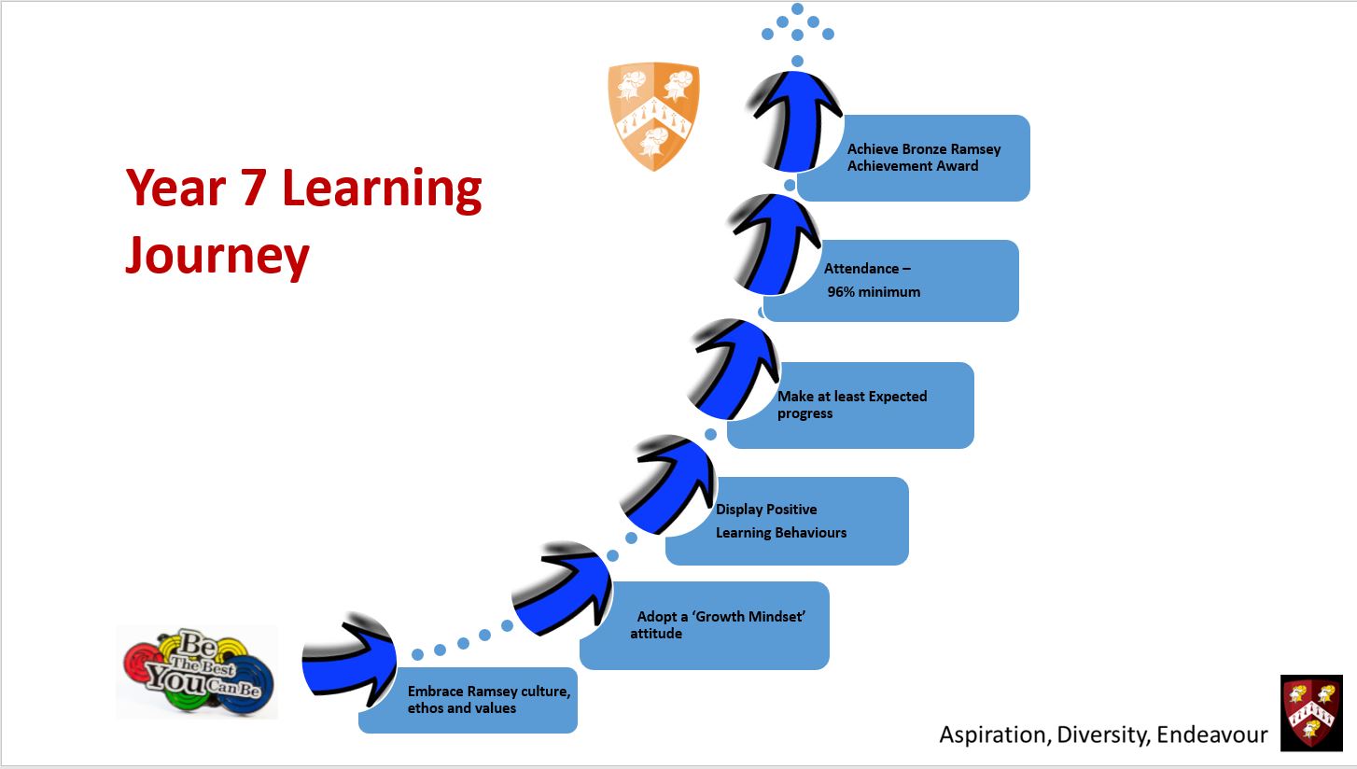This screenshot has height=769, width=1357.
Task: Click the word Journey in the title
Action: tap(217, 257)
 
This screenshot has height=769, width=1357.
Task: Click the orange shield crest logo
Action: tap(653, 117)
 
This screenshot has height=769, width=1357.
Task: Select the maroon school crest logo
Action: tap(1311, 713)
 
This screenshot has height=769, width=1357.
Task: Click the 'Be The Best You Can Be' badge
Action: tap(198, 671)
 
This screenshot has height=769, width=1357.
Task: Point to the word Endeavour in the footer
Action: tap(1211, 734)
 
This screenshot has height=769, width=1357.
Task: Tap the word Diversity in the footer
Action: tap(1103, 735)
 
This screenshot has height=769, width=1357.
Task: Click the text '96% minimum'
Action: tap(874, 292)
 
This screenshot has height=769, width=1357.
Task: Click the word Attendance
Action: tap(861, 269)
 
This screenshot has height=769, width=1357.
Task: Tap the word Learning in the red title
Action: tap(382, 189)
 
